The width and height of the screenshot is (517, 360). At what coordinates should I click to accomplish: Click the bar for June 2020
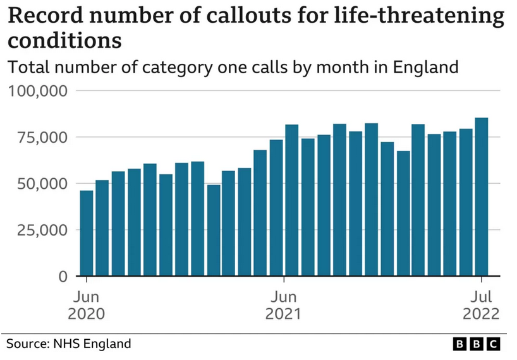87,233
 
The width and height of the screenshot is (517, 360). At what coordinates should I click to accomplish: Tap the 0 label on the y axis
63,277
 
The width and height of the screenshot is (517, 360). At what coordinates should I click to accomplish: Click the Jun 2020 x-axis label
87,305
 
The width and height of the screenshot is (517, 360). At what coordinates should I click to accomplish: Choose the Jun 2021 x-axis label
284,305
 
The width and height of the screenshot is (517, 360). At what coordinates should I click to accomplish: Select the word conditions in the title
64,40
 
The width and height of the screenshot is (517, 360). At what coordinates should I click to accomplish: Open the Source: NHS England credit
69,344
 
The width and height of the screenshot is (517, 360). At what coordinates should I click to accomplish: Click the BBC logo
477,344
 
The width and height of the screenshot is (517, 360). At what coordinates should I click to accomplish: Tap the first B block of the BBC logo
461,344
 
